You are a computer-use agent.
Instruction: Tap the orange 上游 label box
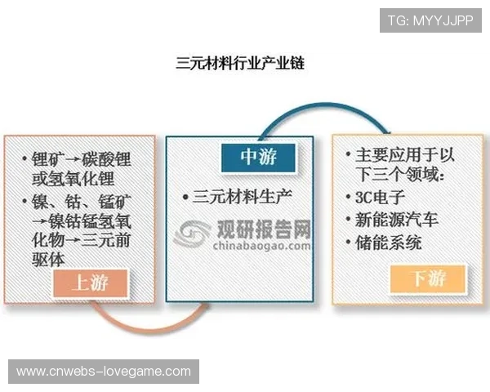(x=91, y=283)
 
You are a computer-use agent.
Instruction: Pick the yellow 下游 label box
(x=428, y=278)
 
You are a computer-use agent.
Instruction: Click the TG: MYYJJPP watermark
(x=430, y=20)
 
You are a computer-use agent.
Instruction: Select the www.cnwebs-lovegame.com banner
(x=104, y=372)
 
